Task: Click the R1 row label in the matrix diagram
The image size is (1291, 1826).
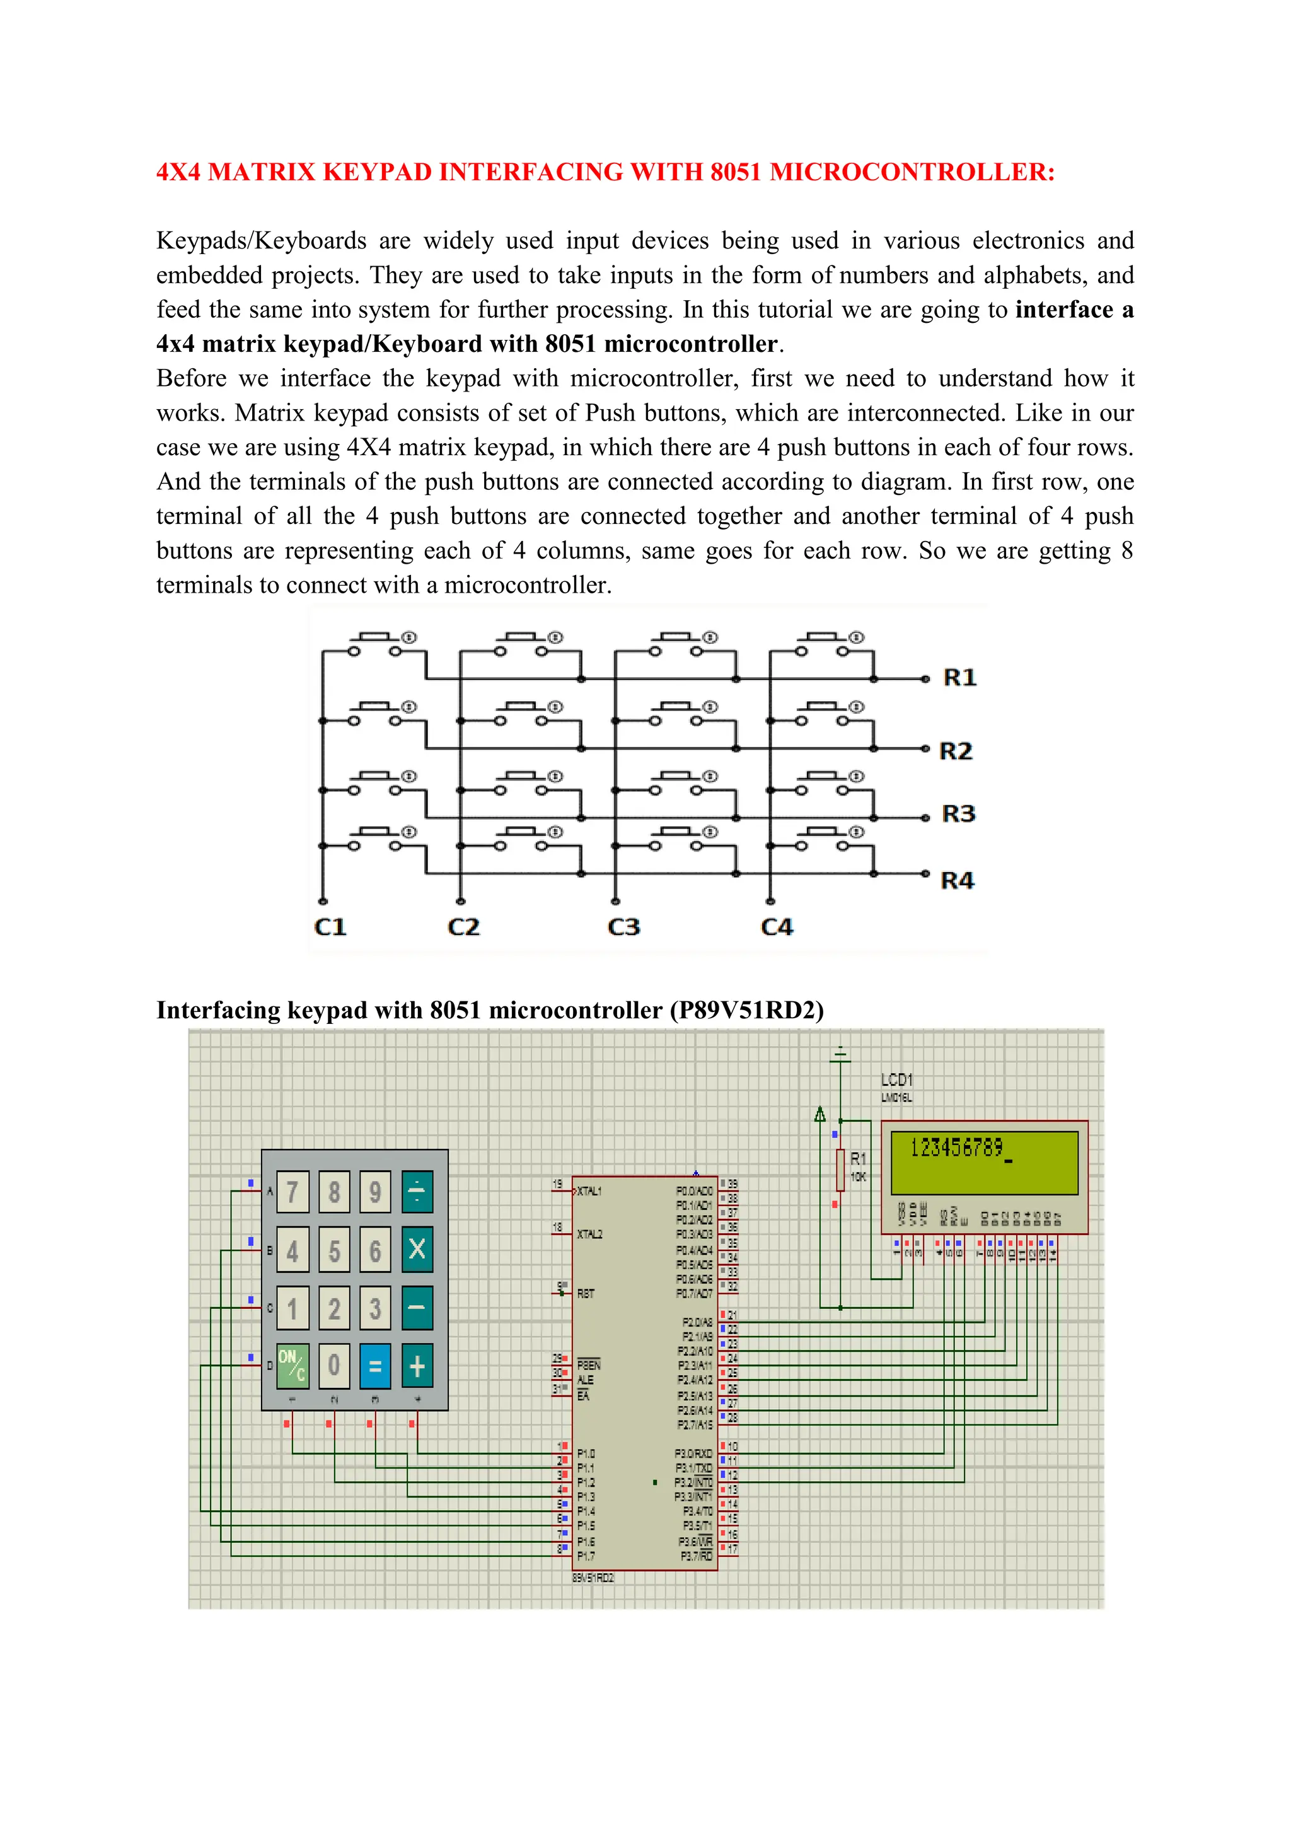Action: tap(959, 678)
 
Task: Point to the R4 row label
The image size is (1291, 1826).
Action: tap(957, 880)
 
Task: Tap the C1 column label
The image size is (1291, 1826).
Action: tap(330, 928)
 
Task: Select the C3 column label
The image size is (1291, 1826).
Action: tap(623, 928)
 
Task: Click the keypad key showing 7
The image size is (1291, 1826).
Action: tap(292, 1192)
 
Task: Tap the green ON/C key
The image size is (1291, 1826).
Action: tap(292, 1366)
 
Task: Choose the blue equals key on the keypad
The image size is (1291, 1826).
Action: tap(375, 1366)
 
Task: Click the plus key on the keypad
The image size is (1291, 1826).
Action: tap(417, 1366)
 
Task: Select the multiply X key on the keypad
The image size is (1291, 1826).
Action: tap(417, 1250)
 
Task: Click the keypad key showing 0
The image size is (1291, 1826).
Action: tap(334, 1366)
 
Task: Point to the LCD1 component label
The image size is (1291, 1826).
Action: tap(897, 1079)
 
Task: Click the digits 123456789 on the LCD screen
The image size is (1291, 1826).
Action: tap(956, 1148)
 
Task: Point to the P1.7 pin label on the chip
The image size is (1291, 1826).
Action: tap(586, 1556)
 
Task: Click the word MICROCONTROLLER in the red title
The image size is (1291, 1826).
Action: tap(912, 172)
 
